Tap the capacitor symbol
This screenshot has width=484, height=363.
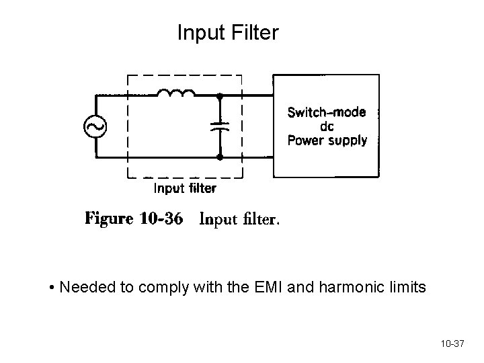220,126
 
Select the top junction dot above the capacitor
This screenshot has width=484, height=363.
220,95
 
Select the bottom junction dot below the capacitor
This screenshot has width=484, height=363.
220,158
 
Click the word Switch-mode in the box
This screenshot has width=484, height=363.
327,112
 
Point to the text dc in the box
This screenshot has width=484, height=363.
327,126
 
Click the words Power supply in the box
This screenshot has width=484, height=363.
327,140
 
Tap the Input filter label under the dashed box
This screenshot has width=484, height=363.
186,189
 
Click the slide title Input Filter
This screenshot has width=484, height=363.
227,32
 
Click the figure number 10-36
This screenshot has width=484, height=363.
161,220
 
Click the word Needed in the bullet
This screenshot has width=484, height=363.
81,288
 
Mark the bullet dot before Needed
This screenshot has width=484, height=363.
52,289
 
